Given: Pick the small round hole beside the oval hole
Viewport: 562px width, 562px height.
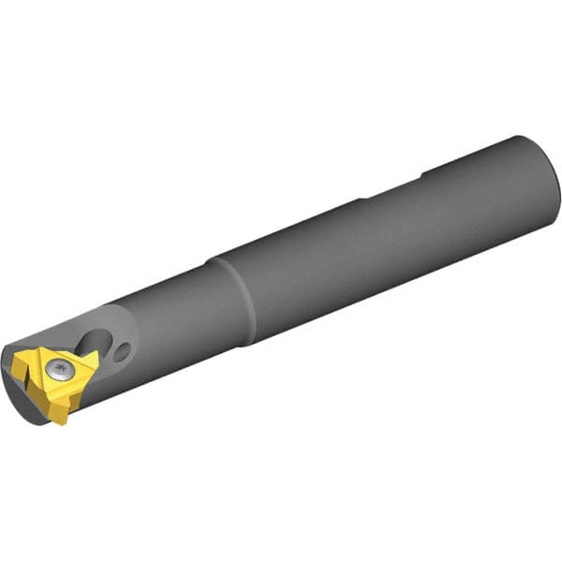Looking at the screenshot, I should [123, 352].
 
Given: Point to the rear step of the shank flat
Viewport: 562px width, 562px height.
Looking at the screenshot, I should [423, 172].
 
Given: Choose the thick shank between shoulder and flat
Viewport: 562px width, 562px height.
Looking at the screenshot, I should [300, 253].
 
